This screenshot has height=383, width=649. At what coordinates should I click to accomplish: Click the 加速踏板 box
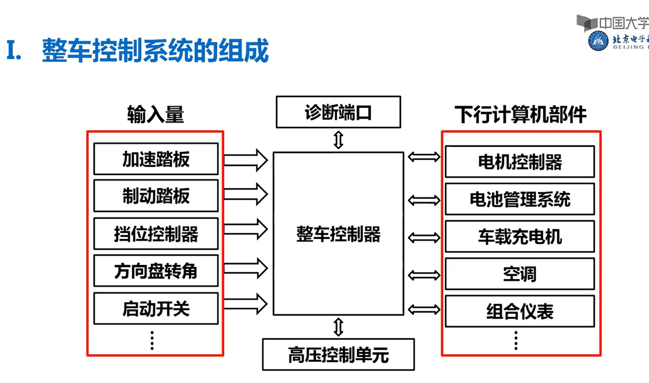[x=156, y=159]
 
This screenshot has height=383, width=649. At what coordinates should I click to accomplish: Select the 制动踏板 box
[x=156, y=196]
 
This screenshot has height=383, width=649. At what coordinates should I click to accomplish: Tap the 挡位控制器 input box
[x=156, y=234]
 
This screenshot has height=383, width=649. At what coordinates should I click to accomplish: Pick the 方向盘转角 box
[x=156, y=271]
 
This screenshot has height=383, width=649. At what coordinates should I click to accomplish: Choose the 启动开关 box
[x=156, y=309]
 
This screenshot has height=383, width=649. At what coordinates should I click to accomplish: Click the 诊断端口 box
[x=338, y=112]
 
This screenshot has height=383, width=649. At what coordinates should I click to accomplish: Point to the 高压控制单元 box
[x=338, y=355]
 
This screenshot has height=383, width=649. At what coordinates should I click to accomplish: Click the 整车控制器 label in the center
[x=338, y=234]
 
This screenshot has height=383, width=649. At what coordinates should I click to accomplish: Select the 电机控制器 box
[x=519, y=162]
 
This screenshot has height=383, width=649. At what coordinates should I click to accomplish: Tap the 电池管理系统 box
[x=519, y=199]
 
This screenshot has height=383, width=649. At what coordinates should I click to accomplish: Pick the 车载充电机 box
[x=519, y=237]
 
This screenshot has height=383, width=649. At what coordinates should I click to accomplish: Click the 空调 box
[x=519, y=274]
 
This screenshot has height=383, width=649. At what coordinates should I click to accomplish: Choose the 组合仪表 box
[x=519, y=311]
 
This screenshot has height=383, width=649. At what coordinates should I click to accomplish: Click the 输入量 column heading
[x=155, y=115]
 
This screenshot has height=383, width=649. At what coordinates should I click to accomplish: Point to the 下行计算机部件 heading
[x=520, y=115]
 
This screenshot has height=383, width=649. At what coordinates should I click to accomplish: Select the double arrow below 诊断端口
[x=338, y=140]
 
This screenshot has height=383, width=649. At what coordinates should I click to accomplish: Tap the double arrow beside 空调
[x=424, y=275]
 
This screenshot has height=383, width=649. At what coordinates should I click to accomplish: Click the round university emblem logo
[x=598, y=41]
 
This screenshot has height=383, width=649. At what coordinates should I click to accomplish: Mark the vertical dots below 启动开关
[x=152, y=340]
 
